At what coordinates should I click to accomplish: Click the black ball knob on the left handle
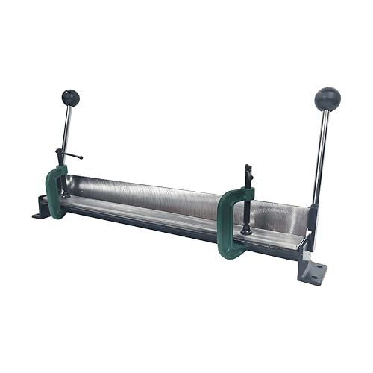click(x=70, y=98)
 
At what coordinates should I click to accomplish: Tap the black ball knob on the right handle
click(x=327, y=98)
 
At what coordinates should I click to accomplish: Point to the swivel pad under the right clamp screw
click(x=246, y=231)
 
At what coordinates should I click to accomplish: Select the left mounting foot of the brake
click(x=40, y=212)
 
